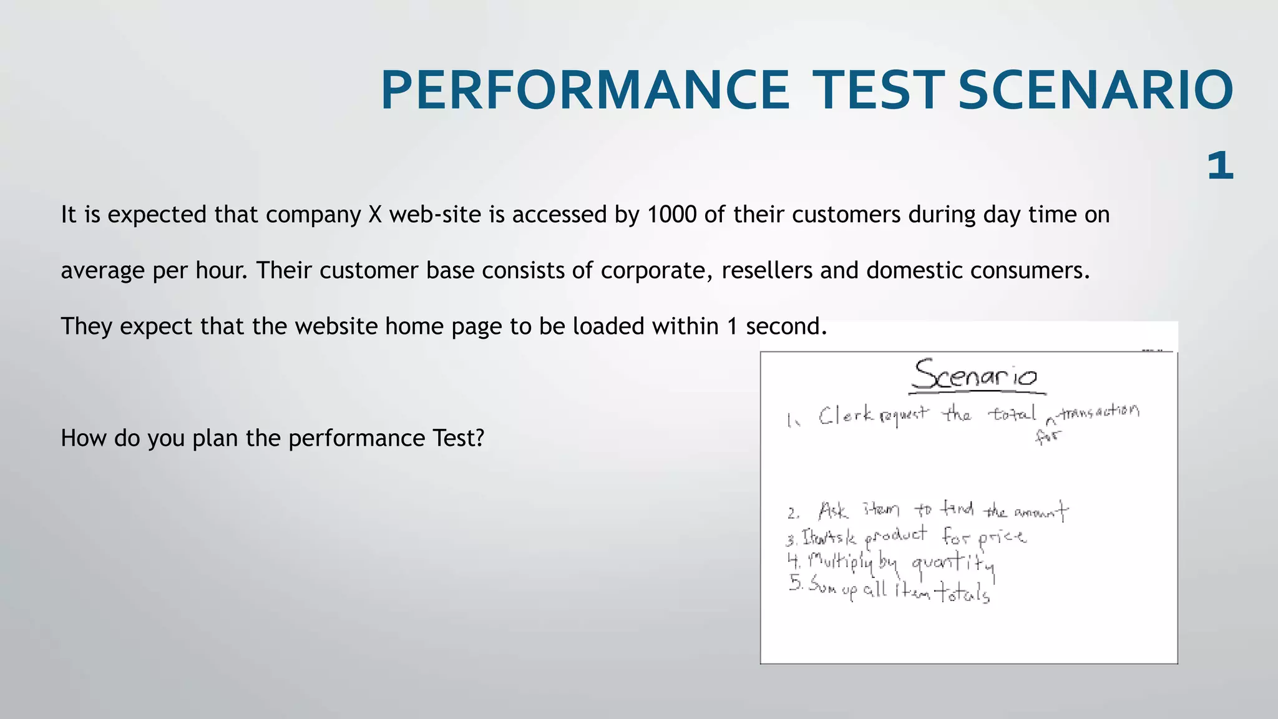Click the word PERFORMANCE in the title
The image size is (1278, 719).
[585, 90]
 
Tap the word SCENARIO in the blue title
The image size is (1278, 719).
[1095, 90]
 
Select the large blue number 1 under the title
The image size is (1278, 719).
[1220, 166]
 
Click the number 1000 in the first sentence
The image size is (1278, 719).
[671, 215]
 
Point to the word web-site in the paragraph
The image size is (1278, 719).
[435, 215]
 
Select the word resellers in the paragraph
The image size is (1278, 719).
[767, 270]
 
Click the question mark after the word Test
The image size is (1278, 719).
[479, 438]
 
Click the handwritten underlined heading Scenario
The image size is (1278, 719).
[975, 376]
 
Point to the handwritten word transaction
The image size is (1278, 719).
[1100, 412]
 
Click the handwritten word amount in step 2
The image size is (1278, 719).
[1041, 513]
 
